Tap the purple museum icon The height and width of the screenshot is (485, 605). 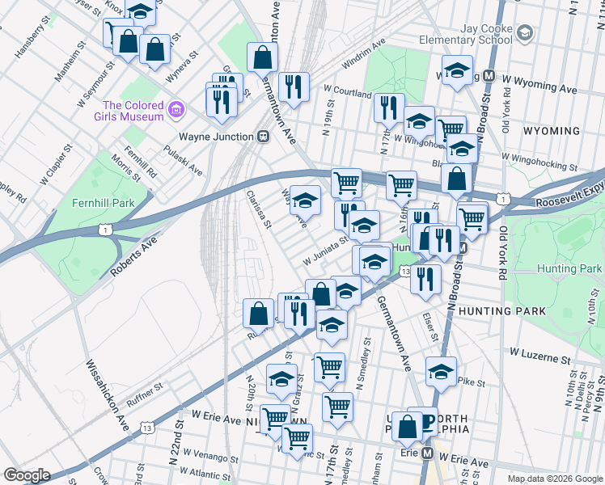(179, 107)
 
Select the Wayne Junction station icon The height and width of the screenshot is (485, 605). (263, 137)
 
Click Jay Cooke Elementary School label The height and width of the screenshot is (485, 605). (486, 33)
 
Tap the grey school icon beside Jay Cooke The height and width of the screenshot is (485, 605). (525, 32)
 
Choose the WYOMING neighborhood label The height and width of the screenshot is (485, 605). (552, 131)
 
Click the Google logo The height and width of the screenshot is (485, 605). (27, 475)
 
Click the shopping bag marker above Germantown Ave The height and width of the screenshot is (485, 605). (262, 57)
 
